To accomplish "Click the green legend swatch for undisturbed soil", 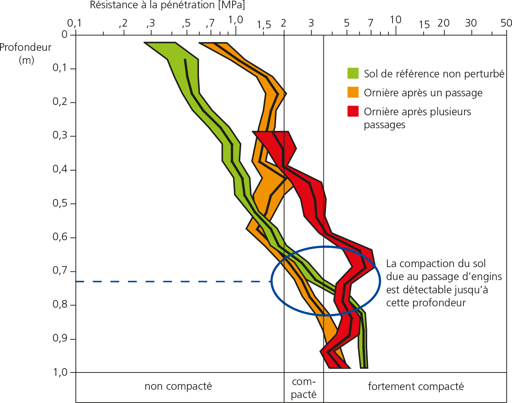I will click(x=353, y=73).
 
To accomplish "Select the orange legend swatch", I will click(x=353, y=92).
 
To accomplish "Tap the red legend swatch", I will click(x=353, y=111).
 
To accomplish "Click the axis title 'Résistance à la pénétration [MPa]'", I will click(x=167, y=5).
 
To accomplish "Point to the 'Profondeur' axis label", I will click(x=26, y=48).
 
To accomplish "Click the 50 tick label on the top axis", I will click(x=506, y=23).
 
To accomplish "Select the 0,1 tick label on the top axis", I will click(x=74, y=23).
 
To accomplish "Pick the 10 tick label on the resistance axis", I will click(x=395, y=20).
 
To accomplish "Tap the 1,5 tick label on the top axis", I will click(x=264, y=25).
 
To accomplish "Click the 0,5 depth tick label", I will click(x=60, y=203).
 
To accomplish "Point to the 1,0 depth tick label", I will click(x=60, y=372).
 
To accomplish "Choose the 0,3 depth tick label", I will click(x=60, y=135).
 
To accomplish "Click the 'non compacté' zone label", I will click(x=178, y=386).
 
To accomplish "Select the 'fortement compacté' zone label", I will click(x=416, y=386).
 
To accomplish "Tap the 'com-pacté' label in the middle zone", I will click(x=303, y=388).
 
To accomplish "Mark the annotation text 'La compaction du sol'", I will click(x=436, y=263).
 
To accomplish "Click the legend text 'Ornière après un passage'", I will click(x=423, y=93).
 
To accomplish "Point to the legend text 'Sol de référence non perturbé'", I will click(x=434, y=74).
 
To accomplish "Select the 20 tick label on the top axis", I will click(x=443, y=23).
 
